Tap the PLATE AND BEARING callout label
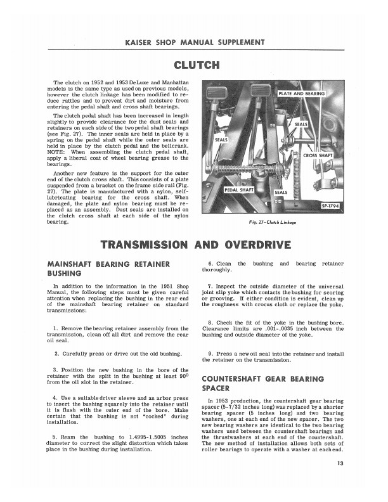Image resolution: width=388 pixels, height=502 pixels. click(302, 94)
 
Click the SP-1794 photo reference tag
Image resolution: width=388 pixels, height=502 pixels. click(332, 205)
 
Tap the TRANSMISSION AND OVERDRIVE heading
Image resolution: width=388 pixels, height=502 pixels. click(195, 244)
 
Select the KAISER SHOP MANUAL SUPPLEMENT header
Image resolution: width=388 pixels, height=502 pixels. click(194, 42)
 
